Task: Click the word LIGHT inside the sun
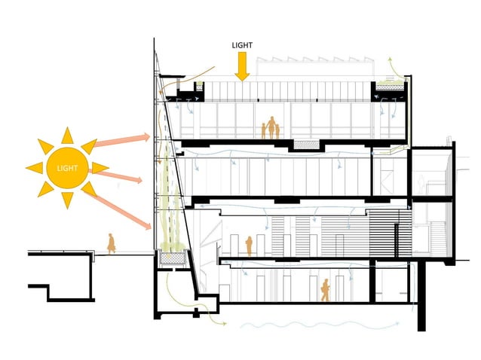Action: (67, 166)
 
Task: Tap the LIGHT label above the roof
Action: (241, 45)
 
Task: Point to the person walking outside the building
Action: (111, 243)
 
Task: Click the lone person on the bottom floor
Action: (326, 290)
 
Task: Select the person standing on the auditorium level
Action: (249, 246)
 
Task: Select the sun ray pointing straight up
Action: (67, 135)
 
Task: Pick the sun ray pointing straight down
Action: (67, 200)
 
